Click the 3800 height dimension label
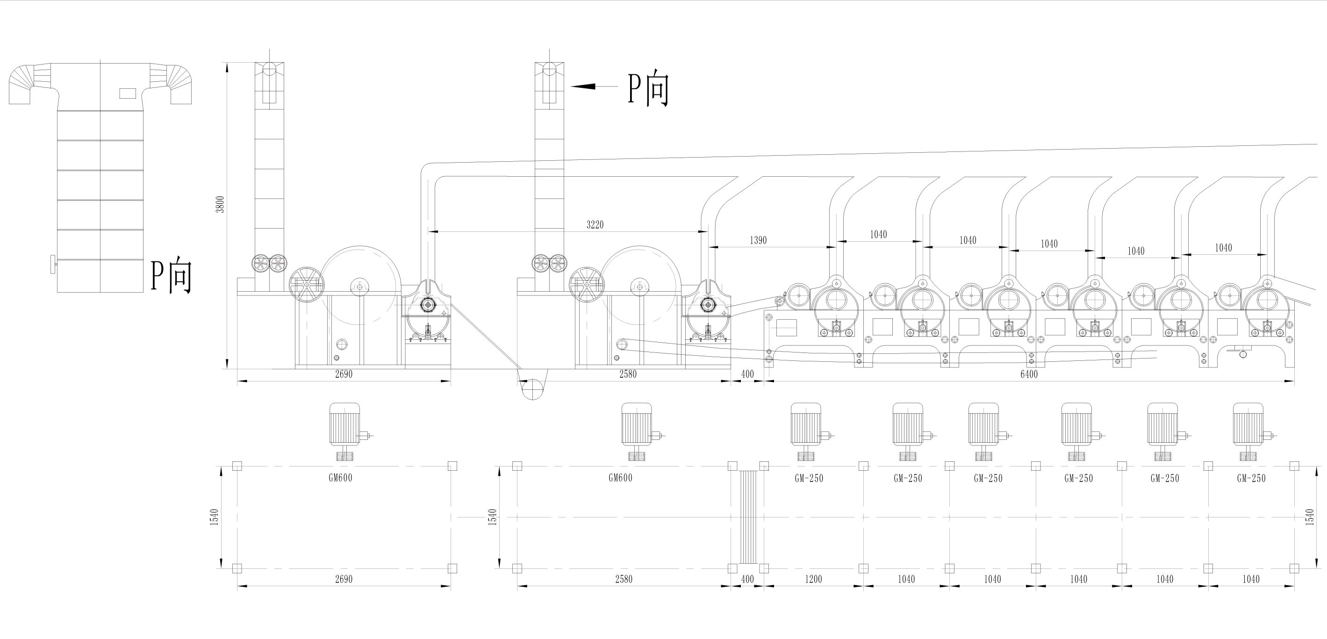(221, 205)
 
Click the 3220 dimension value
(595, 225)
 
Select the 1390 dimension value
(758, 240)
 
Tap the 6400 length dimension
(1028, 374)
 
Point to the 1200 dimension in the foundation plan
(813, 579)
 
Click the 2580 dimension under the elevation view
(627, 374)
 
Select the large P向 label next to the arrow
(648, 89)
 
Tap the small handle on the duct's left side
(54, 264)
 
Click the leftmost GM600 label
(340, 478)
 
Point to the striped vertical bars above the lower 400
(747, 517)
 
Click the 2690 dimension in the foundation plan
(344, 579)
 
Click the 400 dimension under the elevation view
(747, 374)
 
